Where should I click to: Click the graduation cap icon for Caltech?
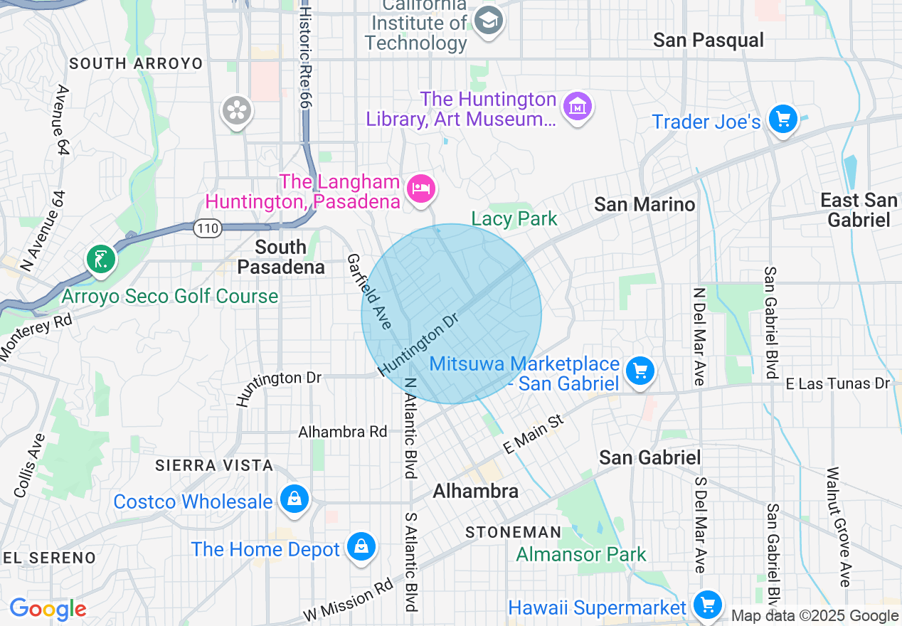click(x=489, y=20)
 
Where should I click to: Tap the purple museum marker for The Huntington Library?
click(x=577, y=107)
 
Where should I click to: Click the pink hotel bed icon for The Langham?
click(x=421, y=189)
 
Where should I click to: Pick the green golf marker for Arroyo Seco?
click(x=101, y=259)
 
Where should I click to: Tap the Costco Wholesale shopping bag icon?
click(x=293, y=499)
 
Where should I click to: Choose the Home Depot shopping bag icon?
click(x=361, y=547)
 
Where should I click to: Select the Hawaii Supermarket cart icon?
click(x=707, y=605)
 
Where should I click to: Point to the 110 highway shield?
click(x=208, y=228)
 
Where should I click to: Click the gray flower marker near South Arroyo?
click(x=236, y=110)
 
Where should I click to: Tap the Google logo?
click(x=48, y=609)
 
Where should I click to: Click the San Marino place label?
click(x=644, y=205)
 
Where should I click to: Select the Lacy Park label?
click(x=514, y=218)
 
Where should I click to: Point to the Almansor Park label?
click(x=581, y=554)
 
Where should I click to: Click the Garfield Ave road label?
click(x=369, y=292)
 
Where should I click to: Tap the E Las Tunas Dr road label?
click(x=837, y=383)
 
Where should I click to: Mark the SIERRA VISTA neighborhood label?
click(x=215, y=465)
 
